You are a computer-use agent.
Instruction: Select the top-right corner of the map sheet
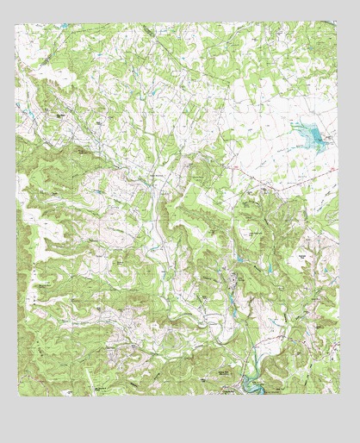click(338, 23)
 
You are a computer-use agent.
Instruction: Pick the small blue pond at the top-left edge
click(65, 27)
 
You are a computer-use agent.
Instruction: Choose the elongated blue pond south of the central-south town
click(230, 302)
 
